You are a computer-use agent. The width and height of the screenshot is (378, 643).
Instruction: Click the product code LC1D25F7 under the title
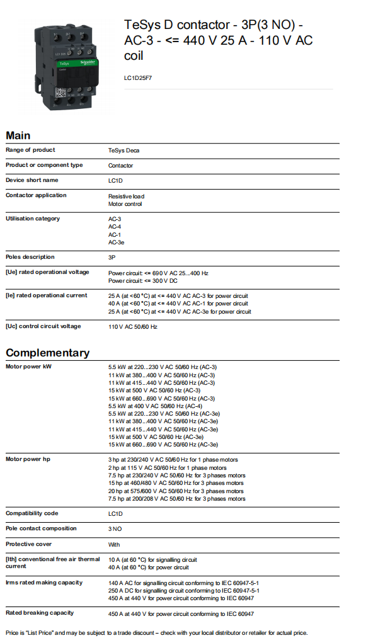(x=138, y=78)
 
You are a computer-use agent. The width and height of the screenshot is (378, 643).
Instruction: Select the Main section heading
(x=18, y=135)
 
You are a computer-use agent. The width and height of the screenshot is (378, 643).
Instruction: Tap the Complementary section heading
(x=47, y=353)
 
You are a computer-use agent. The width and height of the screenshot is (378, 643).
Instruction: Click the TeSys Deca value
(x=123, y=151)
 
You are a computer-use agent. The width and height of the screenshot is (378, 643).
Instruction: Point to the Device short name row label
(x=31, y=180)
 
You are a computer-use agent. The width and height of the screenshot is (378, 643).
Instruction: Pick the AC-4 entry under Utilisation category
(x=115, y=226)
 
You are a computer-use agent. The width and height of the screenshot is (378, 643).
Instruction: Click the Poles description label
(x=30, y=257)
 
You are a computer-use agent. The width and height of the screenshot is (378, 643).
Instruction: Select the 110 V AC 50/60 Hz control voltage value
(x=132, y=327)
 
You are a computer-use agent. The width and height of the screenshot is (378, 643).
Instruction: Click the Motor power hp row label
(x=28, y=459)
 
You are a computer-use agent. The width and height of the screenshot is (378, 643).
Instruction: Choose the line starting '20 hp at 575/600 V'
(x=176, y=491)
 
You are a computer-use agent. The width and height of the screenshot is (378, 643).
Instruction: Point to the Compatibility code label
(x=31, y=513)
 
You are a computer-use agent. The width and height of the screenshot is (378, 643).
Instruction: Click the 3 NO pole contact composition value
(x=115, y=529)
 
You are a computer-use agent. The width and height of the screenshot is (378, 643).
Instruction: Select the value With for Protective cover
(x=114, y=545)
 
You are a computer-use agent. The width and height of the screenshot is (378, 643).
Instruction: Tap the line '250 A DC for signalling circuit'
(x=183, y=591)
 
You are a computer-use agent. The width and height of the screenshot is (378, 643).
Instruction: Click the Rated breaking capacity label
(x=40, y=613)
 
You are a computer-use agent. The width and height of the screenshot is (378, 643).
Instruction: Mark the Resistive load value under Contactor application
(x=126, y=196)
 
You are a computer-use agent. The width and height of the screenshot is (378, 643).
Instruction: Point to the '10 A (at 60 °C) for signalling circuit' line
(x=152, y=560)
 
